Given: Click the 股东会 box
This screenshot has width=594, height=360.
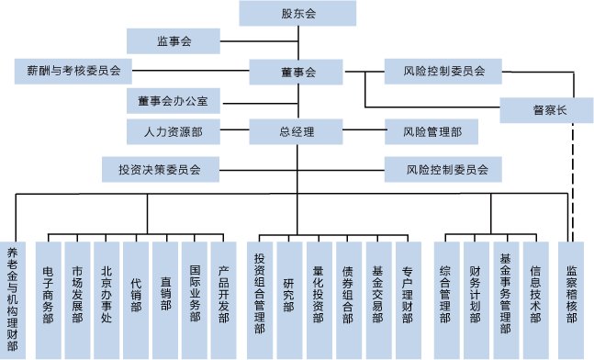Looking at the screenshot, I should pos(297,14).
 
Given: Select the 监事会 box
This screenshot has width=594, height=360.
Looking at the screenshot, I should pos(173,40).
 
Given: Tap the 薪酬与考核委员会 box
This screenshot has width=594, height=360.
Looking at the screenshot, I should pos(73,70).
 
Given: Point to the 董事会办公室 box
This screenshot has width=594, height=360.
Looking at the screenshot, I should pos(173,100).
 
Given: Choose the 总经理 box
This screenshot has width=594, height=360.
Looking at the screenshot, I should pos(297,131).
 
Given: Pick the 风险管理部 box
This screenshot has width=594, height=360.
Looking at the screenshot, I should pos(427,131).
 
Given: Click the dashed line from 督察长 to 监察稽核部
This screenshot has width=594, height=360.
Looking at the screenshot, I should pos(576,184).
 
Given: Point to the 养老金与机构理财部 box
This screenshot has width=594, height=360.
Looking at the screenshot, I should pos(13,294).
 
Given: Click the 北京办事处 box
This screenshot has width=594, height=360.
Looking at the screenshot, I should pos(107,294).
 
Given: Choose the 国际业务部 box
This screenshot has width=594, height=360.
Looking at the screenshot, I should pos(195,294).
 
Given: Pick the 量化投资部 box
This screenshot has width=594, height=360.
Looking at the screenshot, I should pos(319,294).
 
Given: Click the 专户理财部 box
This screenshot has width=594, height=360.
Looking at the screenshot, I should pos(406,294).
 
